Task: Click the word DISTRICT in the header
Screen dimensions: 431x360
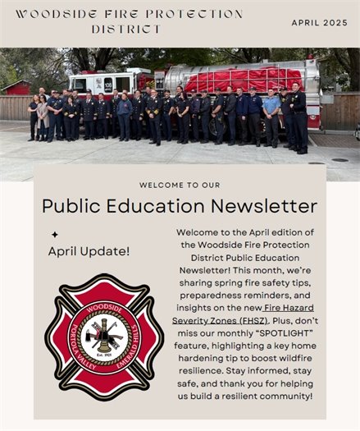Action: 126,29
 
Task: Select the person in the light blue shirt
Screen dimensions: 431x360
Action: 271,116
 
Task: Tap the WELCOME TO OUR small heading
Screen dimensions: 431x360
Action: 179,185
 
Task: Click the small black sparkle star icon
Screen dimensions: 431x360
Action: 54,235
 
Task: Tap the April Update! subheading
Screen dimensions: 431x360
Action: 89,251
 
